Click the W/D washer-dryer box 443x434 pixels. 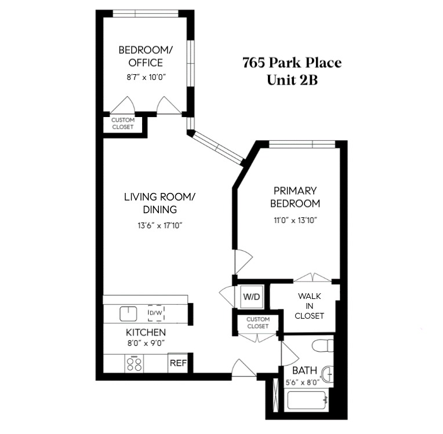tap(252, 297)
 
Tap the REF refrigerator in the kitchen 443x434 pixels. tap(178, 363)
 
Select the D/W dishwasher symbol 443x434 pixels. tap(155, 313)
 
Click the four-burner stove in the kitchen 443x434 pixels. tap(135, 363)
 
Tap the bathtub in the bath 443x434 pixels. tap(308, 399)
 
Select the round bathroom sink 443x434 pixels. tap(328, 374)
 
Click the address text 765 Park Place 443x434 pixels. tap(292, 63)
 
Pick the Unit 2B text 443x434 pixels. tap(292, 80)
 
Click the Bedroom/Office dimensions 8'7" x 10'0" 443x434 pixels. tap(141, 77)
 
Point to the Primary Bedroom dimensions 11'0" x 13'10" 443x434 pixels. tap(296, 220)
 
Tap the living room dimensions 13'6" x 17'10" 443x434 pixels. tap(159, 226)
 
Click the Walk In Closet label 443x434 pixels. tap(309, 306)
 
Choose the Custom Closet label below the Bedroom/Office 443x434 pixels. tap(123, 123)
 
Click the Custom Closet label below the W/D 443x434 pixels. tap(258, 323)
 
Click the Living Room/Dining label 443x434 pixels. tap(159, 203)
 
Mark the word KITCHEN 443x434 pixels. tap(146, 333)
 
